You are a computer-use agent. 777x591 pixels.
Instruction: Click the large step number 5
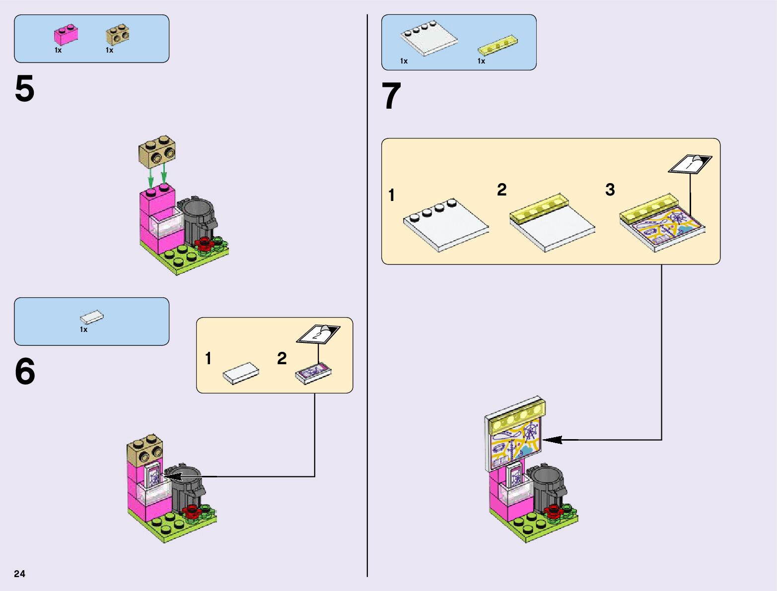(25, 89)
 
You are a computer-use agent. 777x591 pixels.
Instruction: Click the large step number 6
(25, 372)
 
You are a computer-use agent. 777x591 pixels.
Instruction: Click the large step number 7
(391, 96)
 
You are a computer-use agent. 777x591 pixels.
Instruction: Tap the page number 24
(19, 574)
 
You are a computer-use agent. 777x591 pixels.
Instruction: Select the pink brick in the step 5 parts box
(66, 35)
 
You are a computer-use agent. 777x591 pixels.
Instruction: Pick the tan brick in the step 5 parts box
(118, 36)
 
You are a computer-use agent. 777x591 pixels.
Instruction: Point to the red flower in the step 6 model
(192, 511)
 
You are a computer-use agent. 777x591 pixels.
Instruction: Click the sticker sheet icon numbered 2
(318, 334)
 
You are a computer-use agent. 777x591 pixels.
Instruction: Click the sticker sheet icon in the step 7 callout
(690, 164)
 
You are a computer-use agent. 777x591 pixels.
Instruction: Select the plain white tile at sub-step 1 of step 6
(241, 373)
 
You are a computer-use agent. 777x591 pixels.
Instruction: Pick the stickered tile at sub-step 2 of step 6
(313, 373)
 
